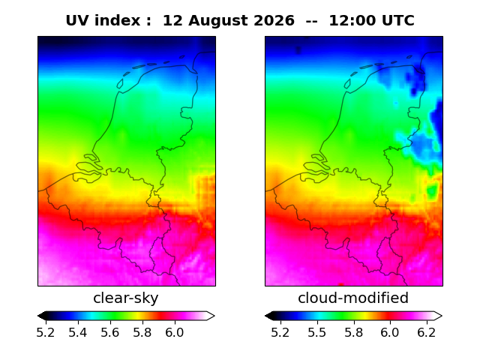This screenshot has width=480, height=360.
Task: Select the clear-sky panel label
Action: pyautogui.click(x=126, y=298)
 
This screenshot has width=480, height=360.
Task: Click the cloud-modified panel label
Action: pyautogui.click(x=353, y=298)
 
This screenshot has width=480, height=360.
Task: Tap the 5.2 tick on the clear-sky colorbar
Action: pyautogui.click(x=46, y=332)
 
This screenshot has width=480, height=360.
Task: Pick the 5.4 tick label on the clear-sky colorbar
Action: pyautogui.click(x=78, y=332)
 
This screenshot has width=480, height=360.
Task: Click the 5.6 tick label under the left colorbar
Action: pyautogui.click(x=110, y=332)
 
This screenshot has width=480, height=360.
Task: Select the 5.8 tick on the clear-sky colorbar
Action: pyautogui.click(x=142, y=332)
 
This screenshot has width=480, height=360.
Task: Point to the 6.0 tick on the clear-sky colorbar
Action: pyautogui.click(x=175, y=332)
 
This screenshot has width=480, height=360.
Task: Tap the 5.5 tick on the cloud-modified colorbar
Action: pyautogui.click(x=317, y=332)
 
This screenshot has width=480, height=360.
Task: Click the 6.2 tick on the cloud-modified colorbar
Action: pyautogui.click(x=427, y=332)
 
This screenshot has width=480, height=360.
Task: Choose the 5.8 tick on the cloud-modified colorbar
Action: pyautogui.click(x=354, y=332)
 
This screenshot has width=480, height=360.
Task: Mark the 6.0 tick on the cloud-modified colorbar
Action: pyautogui.click(x=390, y=332)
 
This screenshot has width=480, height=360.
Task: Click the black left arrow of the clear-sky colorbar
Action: pyautogui.click(x=43, y=316)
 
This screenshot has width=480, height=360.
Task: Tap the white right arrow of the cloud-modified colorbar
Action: pyautogui.click(x=438, y=316)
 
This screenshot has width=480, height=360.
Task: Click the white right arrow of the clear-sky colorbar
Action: pyautogui.click(x=211, y=316)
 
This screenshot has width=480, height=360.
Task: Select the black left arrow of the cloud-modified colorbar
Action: pyautogui.click(x=270, y=316)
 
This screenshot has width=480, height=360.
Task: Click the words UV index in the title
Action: pyautogui.click(x=103, y=20)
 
